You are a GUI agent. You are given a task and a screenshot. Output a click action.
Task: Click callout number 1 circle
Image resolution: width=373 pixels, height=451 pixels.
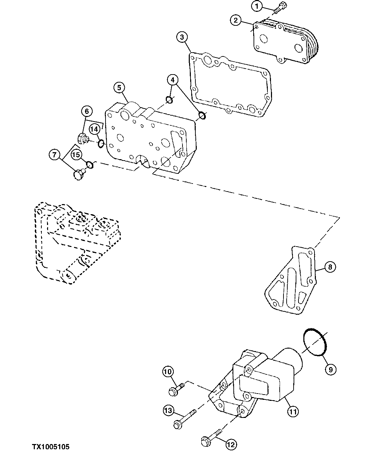point(257,6)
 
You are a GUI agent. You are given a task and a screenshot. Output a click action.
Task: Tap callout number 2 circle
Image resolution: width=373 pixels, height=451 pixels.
point(235,21)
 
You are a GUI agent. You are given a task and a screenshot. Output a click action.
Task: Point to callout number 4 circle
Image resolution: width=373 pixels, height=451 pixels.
point(172,80)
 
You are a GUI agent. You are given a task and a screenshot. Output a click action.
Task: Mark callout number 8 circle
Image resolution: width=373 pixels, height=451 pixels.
point(330,267)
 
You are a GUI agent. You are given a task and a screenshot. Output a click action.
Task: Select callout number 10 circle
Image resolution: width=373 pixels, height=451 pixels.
point(168,372)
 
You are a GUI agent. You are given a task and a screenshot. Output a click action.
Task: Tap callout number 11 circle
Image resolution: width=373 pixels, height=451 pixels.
point(293,412)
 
